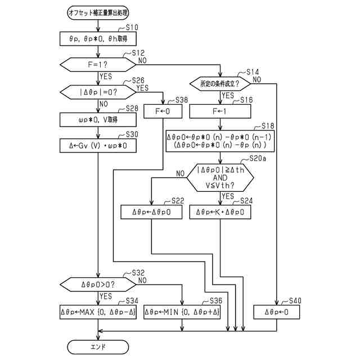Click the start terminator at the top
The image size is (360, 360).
(98, 13)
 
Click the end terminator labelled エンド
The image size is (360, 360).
(98, 346)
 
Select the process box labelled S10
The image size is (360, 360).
(98, 39)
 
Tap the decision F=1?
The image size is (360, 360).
(98, 65)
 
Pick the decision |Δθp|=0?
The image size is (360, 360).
(98, 92)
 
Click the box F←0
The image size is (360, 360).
(163, 111)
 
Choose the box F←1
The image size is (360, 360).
(220, 111)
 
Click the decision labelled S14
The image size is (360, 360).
(220, 84)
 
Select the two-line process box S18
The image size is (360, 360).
(220, 141)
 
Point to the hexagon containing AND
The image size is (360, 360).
(220, 178)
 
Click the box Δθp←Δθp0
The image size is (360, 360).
(151, 212)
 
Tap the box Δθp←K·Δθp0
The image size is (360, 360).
(220, 212)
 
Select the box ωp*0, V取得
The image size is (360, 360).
(98, 120)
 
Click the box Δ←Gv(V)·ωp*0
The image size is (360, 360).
(98, 146)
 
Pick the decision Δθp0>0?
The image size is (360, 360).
(98, 285)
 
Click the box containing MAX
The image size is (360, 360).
(98, 312)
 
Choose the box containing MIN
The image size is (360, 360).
(182, 312)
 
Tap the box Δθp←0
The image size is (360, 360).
(276, 312)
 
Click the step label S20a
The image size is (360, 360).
(258, 159)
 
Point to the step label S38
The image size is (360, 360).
(181, 100)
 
